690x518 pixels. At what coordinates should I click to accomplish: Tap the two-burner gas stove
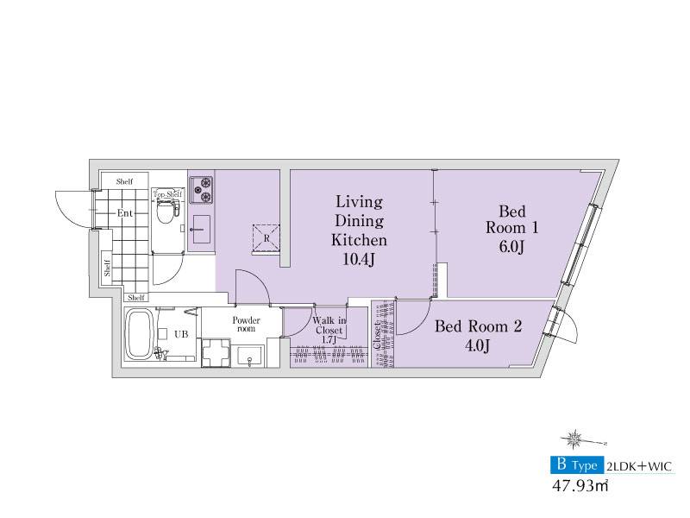(201, 189)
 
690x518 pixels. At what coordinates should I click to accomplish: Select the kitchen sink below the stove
(202, 230)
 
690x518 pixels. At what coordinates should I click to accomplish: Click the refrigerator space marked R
(266, 238)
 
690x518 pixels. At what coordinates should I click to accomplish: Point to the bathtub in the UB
(139, 334)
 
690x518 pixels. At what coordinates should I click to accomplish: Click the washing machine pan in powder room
(216, 352)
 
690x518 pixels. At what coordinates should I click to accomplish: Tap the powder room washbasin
(250, 356)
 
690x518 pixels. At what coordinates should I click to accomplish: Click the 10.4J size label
(359, 260)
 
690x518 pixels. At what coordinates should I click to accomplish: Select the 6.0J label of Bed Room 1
(511, 247)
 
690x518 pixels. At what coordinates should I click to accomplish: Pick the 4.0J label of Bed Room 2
(478, 345)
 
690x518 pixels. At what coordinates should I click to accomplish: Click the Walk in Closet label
(329, 325)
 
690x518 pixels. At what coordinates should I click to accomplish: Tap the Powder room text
(246, 325)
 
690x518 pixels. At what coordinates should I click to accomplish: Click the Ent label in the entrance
(124, 213)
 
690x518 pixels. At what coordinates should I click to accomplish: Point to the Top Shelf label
(167, 194)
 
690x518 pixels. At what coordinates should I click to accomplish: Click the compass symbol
(574, 439)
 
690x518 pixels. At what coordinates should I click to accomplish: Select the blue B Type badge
(577, 464)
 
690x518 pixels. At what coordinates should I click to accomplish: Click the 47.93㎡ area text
(580, 486)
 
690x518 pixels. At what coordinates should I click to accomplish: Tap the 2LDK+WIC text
(639, 466)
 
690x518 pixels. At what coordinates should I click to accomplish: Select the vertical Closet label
(378, 336)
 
